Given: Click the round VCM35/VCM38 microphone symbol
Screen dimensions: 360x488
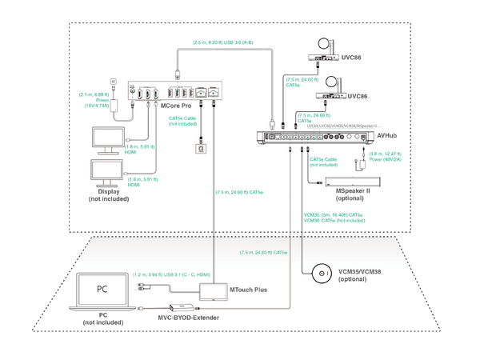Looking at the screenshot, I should point(322,274).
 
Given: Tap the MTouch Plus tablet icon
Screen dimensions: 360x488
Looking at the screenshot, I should point(212,290).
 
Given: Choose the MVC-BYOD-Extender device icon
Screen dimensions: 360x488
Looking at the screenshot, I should point(181,309).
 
